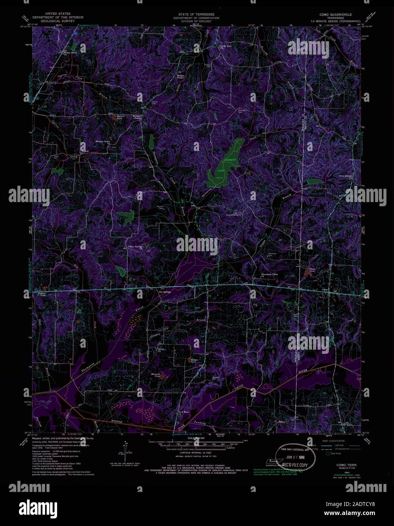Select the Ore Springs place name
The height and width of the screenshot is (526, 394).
pos(165,292)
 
